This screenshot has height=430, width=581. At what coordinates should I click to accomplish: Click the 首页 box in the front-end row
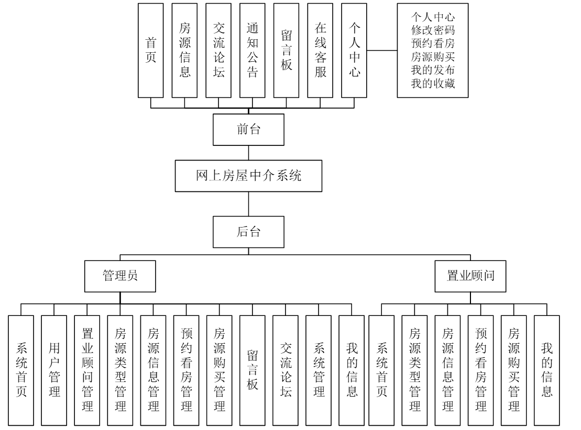[150, 51]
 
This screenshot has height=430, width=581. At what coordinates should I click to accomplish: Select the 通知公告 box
[253, 51]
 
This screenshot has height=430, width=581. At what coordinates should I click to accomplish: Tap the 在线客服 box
[321, 51]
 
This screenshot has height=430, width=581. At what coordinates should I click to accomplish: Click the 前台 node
[249, 130]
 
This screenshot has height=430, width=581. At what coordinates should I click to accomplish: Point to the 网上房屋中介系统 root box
[248, 176]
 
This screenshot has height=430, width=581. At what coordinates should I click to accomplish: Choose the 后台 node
[249, 232]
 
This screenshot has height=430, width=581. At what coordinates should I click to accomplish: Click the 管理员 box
[120, 277]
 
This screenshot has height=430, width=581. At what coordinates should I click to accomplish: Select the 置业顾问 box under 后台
[470, 277]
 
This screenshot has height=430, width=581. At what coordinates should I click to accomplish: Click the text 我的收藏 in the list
[432, 84]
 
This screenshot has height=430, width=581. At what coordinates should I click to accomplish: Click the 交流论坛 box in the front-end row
[218, 51]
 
